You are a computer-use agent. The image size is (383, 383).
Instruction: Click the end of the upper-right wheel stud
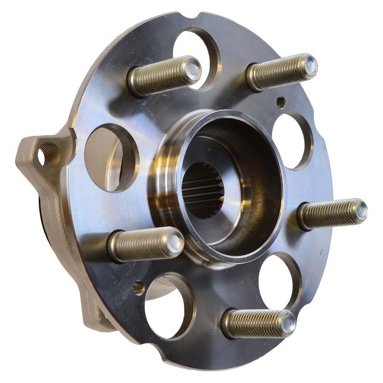tap(310, 65)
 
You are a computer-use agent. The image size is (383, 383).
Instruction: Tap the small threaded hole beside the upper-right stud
tap(281, 103)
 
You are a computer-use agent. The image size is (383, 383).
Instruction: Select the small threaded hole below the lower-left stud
tap(138, 288)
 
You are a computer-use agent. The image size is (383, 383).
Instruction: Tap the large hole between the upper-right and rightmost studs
tap(292, 140)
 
